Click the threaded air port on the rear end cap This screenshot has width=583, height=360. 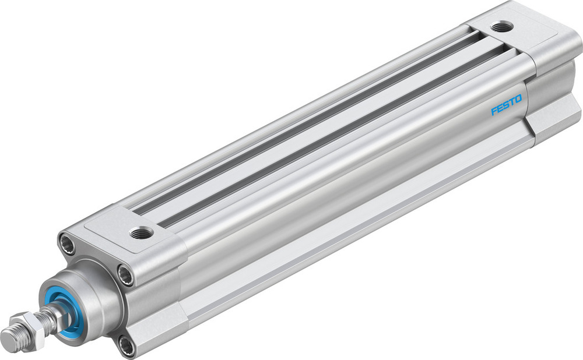coord(501,26)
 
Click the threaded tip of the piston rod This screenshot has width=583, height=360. coord(9,337)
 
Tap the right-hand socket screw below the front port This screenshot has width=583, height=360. coord(125,273)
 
